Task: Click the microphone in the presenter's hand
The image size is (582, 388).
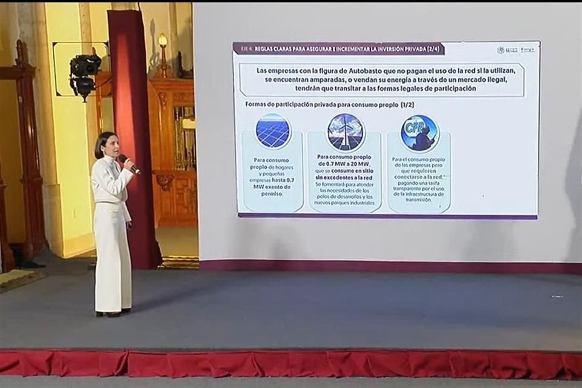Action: pyautogui.click(x=128, y=162)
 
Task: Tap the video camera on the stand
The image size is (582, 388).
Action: pyautogui.click(x=84, y=73)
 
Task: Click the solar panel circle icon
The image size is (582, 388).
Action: pyautogui.click(x=273, y=132)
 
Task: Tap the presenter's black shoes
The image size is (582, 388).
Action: pyautogui.click(x=109, y=313)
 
